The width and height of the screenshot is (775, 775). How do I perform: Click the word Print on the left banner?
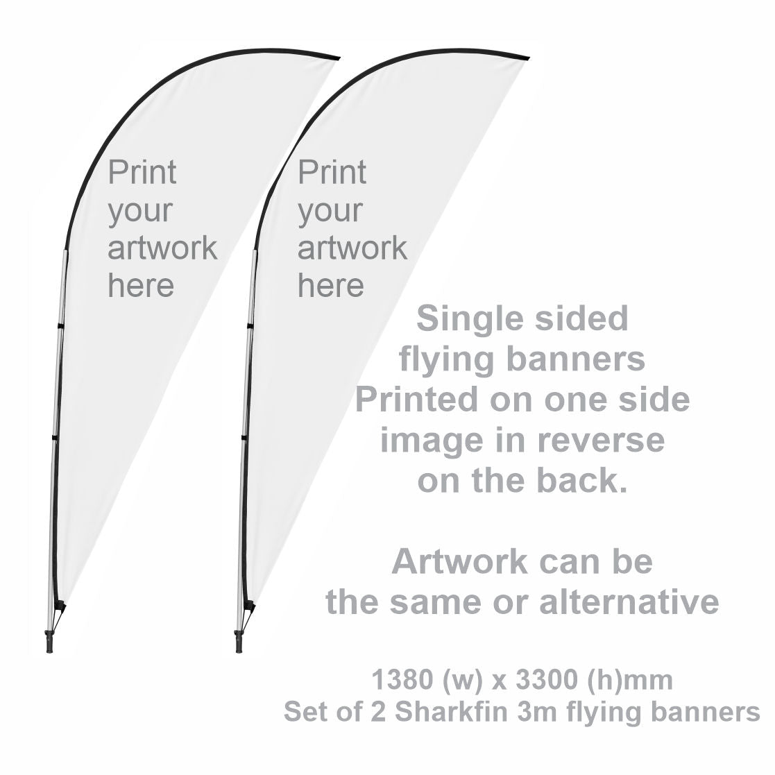(x=142, y=173)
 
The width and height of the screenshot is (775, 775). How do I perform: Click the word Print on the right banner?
(x=332, y=173)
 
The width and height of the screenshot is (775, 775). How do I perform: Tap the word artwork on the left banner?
(x=162, y=248)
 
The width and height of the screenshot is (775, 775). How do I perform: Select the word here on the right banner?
(x=330, y=285)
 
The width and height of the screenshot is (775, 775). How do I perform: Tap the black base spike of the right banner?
(x=239, y=641)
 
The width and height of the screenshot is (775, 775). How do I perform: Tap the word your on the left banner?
(x=139, y=212)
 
